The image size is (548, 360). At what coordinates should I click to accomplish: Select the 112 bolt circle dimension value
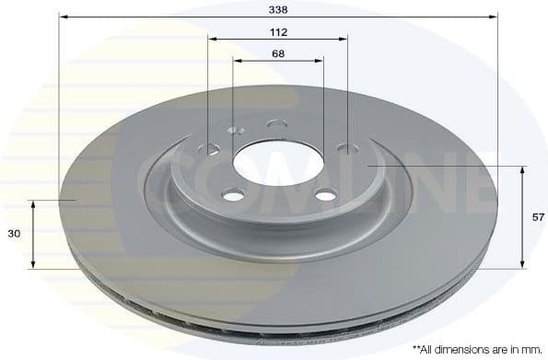278,31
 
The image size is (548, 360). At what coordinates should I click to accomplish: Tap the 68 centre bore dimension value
278,53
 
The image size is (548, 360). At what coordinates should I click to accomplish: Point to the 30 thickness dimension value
14,235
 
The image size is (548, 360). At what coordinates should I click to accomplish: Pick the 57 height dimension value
538,217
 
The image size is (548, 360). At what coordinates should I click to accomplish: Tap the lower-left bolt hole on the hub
234,195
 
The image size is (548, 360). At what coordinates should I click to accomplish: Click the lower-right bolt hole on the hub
325,195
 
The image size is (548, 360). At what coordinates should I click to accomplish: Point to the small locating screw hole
234,130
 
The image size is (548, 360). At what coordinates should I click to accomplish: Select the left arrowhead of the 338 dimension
64,16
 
